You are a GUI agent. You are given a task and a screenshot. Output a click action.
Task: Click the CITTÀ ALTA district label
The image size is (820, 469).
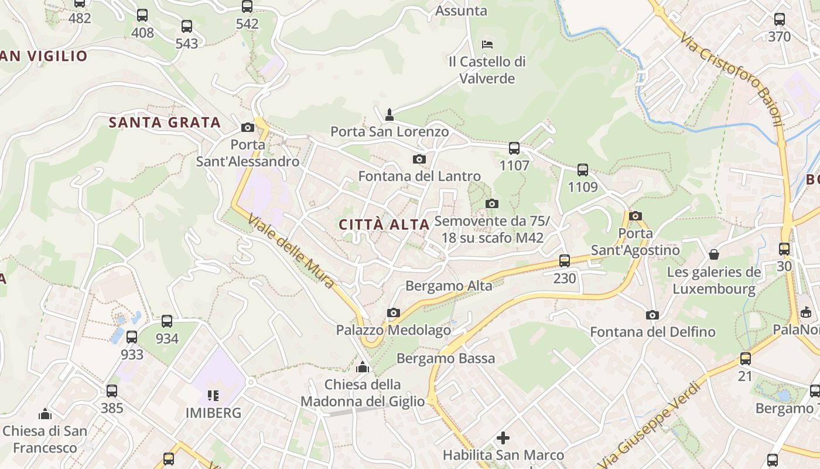(x=384, y=225)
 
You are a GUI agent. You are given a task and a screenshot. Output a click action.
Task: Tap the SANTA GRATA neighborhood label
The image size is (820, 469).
(x=165, y=123)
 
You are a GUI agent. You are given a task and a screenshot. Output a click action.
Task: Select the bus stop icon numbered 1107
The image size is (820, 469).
(x=514, y=148)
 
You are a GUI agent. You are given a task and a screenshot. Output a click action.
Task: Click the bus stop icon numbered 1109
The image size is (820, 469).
(x=583, y=170)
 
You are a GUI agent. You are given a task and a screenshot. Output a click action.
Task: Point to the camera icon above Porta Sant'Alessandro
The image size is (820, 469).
(x=247, y=127)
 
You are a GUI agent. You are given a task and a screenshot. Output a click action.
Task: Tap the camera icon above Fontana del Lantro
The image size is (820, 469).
(x=419, y=159)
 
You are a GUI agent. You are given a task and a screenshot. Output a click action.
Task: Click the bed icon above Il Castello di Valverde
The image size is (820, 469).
(x=487, y=44)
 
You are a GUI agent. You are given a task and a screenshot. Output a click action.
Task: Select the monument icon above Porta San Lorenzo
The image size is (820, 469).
(x=389, y=114)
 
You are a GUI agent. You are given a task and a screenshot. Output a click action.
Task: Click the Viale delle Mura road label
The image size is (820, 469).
(x=291, y=252)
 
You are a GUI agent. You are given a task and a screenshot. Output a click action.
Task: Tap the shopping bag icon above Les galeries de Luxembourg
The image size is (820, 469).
(x=714, y=254)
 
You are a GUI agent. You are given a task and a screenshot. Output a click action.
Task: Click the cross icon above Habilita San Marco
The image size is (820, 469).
(x=503, y=437)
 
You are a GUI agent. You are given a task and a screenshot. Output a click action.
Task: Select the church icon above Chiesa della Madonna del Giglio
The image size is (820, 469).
(x=363, y=368)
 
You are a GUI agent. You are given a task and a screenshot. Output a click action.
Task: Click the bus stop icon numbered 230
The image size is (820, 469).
(x=565, y=261)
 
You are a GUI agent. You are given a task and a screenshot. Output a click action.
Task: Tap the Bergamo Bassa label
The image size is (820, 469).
(x=446, y=358)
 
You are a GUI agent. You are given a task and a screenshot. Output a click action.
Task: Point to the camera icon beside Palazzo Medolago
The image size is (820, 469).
(x=394, y=313)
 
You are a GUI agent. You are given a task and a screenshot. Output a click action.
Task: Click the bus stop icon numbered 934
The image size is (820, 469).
(x=167, y=321)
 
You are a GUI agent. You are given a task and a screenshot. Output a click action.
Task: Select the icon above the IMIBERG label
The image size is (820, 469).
(x=213, y=396)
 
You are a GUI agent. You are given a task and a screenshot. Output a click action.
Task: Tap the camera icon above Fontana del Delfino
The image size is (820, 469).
(x=652, y=315)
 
